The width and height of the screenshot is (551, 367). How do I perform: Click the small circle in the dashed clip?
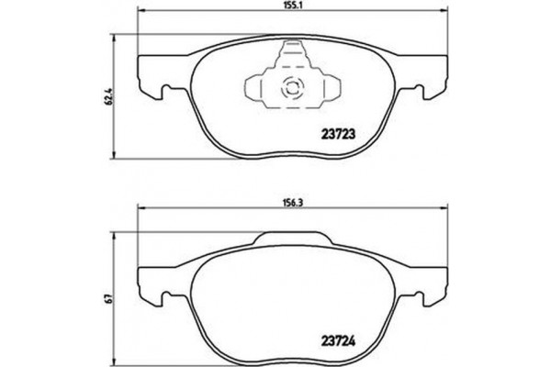290,90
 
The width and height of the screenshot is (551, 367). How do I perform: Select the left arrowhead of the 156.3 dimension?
141,214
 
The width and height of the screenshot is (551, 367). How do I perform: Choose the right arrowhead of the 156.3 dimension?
448,214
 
